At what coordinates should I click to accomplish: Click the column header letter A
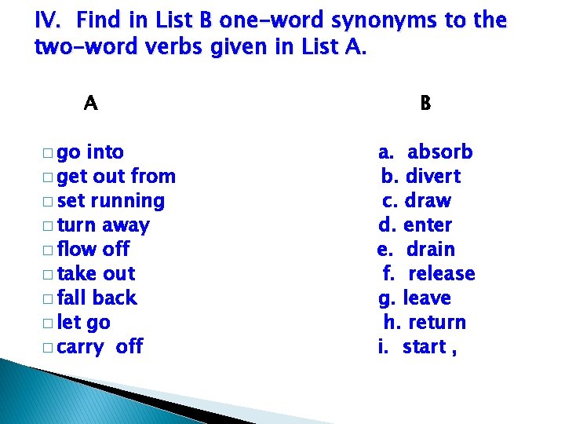[x=91, y=103]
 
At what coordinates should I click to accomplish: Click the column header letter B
[x=425, y=103]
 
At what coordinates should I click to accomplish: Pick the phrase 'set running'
[x=111, y=200]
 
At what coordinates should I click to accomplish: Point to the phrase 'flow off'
[x=93, y=249]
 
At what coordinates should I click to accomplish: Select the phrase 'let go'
[x=84, y=322]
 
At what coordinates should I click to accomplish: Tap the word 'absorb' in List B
[x=439, y=152]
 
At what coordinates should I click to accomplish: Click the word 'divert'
[x=432, y=176]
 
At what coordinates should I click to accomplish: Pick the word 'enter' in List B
[x=427, y=225]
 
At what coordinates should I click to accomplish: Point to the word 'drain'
[x=431, y=249]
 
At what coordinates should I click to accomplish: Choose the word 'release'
[x=442, y=273]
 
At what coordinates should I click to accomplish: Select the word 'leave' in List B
[x=427, y=298]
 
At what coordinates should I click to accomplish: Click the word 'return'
[x=437, y=322]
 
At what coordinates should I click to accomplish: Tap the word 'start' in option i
[x=424, y=346]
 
